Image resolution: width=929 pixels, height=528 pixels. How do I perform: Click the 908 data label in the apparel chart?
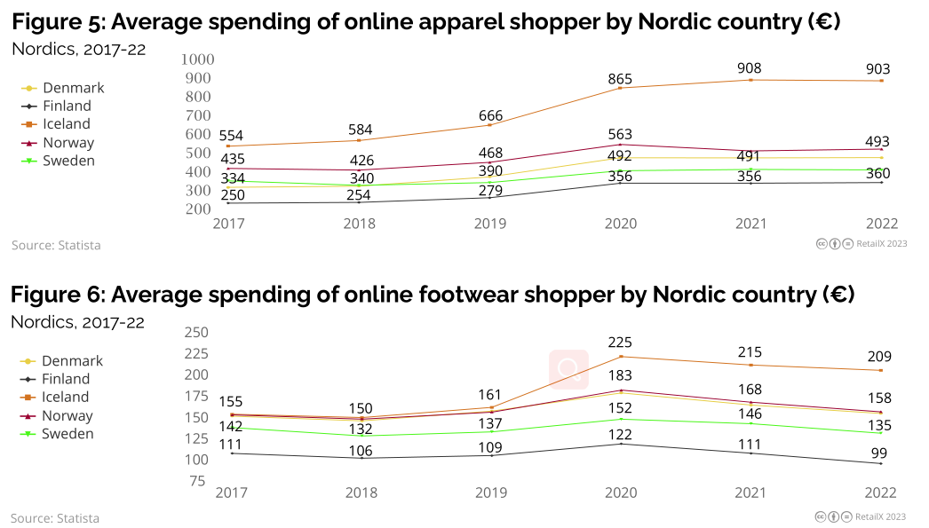(750, 67)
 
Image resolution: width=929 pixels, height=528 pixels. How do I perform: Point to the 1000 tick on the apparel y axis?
(197, 59)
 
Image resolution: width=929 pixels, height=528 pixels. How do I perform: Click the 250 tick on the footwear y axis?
(195, 333)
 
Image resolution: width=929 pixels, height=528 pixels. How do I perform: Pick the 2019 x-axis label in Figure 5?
(490, 224)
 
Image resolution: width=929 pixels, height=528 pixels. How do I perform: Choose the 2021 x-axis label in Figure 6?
(750, 493)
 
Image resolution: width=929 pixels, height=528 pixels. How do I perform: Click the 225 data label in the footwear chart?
(620, 343)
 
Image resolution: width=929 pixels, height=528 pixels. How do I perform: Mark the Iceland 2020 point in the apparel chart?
(620, 88)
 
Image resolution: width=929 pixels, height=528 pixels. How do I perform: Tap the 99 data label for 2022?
(879, 453)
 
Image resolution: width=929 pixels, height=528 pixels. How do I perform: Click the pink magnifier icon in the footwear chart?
(568, 369)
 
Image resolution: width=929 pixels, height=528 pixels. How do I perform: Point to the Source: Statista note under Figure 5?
(56, 245)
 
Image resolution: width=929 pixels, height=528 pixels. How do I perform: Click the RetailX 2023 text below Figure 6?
(880, 516)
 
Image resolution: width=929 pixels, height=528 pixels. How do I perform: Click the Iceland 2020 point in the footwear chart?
(620, 357)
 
